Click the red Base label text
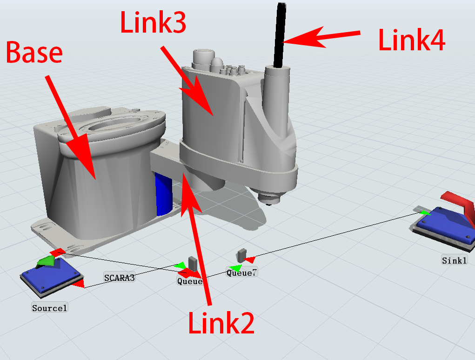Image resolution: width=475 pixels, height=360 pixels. point(34,52)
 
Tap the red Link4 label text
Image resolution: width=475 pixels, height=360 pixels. point(412,41)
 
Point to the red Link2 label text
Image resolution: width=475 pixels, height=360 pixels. point(221,323)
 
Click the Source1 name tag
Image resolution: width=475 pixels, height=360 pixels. point(50,308)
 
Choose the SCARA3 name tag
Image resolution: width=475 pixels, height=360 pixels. point(119,278)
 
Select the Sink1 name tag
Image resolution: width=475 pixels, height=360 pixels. point(454,260)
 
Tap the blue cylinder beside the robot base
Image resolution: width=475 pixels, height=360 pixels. point(163,193)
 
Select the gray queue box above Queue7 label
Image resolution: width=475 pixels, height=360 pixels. point(241,255)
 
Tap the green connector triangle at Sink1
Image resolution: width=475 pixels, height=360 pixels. point(424,213)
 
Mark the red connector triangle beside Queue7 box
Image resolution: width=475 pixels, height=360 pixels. point(250,259)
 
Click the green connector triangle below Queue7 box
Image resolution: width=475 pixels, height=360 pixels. point(236,268)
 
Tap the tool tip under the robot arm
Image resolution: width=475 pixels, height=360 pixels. point(270,199)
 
